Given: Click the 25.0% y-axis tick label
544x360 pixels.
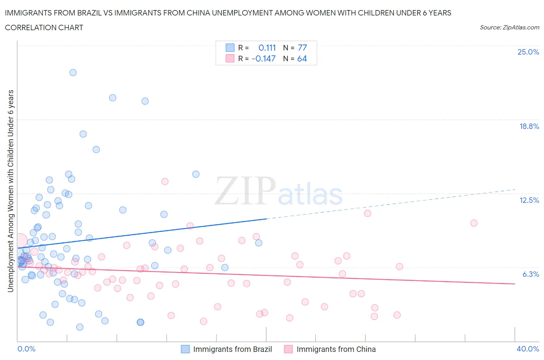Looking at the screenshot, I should (528, 52).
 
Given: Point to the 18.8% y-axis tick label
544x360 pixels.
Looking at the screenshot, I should (529, 126).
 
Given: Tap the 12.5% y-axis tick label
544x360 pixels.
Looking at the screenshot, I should (529, 200).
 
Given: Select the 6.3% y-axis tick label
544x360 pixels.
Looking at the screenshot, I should (530, 274).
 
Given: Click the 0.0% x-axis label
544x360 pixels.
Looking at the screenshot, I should (26, 349).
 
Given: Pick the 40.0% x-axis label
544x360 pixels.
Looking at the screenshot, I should (528, 349).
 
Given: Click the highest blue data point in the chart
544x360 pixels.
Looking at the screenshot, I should (73, 72).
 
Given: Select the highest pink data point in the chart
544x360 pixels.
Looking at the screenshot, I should (165, 181).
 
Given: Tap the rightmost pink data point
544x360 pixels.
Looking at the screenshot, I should (474, 223).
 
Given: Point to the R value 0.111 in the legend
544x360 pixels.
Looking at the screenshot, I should (267, 48).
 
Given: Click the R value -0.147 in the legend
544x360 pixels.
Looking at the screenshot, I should (263, 59).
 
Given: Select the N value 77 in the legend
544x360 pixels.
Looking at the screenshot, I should (302, 48).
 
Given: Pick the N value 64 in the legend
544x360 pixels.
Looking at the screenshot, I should (302, 59).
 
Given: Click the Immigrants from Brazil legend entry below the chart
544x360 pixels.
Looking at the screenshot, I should (232, 349).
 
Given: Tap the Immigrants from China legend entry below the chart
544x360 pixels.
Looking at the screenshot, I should (335, 349).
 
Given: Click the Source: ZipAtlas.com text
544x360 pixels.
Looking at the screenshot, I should (509, 27).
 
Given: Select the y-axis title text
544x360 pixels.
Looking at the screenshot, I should (10, 191).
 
